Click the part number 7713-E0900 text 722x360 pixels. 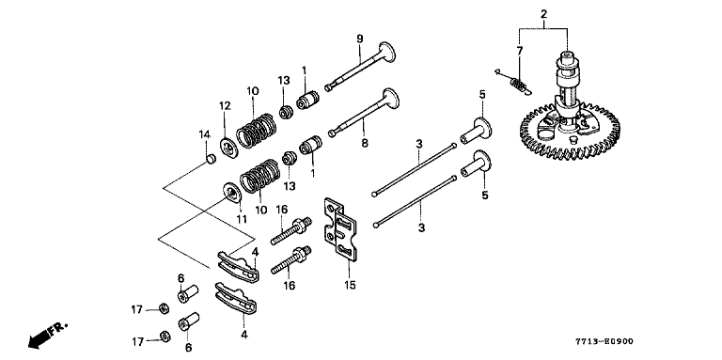(604, 341)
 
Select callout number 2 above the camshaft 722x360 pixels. (543, 14)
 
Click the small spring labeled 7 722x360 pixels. (519, 86)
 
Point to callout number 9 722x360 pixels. (360, 39)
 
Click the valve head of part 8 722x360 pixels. (390, 98)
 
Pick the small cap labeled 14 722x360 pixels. (210, 160)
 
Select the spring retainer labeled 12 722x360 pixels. (228, 147)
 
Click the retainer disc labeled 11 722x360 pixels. (232, 193)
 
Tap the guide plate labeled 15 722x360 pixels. (340, 229)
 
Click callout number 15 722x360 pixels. (350, 286)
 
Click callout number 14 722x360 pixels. (204, 135)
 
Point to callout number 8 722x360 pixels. (365, 143)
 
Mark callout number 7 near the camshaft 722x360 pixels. (519, 51)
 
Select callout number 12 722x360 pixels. (225, 106)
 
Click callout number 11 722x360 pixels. (243, 219)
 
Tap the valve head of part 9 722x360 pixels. (386, 52)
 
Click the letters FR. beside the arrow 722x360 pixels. (59, 329)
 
